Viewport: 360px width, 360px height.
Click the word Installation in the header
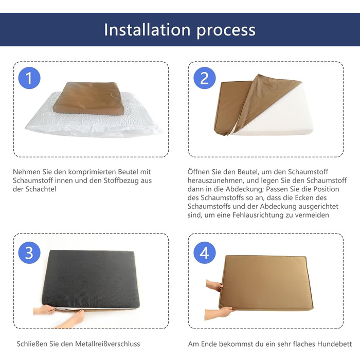point(147,30)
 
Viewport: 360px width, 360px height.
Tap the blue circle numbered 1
point(29,78)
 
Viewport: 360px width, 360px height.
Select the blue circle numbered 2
point(205,78)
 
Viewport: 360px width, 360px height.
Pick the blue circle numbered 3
point(29,253)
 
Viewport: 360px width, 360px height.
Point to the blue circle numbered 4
point(205,253)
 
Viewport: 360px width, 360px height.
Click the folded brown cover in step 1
point(88,98)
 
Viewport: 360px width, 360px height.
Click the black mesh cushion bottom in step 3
point(91,279)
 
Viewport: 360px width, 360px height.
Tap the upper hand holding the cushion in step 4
point(214,285)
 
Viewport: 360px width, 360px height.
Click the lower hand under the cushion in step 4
point(218,313)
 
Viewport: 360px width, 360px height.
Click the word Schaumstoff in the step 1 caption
point(29,181)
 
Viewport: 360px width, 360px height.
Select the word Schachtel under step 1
point(41,189)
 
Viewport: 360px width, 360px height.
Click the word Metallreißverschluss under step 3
point(107,344)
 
